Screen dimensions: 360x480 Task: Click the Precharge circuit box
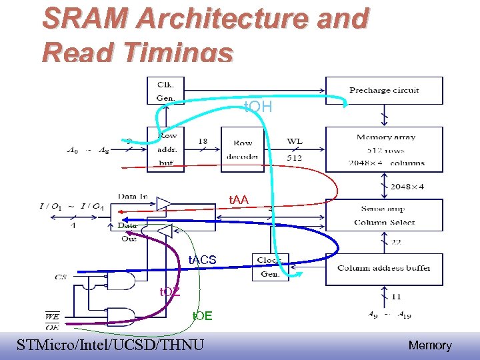tap(384, 90)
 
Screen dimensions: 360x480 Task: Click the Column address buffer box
tap(384, 267)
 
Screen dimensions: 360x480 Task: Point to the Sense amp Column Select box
tap(384, 215)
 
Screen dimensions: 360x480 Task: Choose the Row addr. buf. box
tap(167, 151)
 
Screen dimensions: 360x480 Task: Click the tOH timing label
tap(258, 107)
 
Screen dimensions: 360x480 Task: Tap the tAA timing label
tap(239, 199)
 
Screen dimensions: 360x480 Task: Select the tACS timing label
tap(202, 259)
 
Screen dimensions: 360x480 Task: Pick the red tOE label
tap(202, 315)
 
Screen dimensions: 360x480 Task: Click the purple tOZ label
tap(169, 291)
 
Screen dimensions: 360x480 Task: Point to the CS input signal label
tap(61, 276)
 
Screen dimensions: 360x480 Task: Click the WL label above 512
tap(294, 141)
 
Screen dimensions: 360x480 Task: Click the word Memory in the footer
tap(429, 345)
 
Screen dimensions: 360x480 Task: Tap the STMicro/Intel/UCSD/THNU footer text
tap(110, 345)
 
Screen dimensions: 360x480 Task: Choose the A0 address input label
tap(73, 151)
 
